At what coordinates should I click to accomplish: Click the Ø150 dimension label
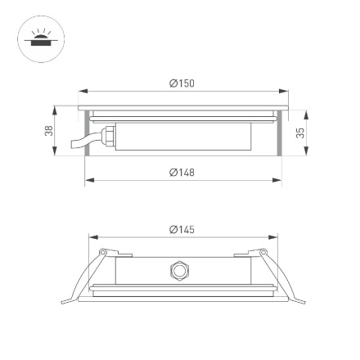(182, 83)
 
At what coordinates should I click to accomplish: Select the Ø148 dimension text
(182, 172)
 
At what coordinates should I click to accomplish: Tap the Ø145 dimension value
(182, 230)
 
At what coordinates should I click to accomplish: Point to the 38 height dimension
(49, 130)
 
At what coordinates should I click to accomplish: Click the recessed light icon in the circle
(37, 38)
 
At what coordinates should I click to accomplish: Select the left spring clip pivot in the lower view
(103, 252)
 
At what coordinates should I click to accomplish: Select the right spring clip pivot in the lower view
(263, 252)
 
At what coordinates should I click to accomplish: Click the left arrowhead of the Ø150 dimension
(82, 91)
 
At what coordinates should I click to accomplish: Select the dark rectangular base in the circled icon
(37, 43)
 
